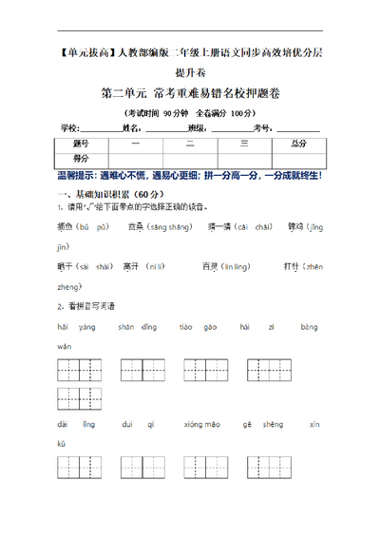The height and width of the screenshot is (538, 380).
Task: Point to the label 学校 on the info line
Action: [71, 127]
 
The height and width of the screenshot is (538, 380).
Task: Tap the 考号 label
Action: [261, 127]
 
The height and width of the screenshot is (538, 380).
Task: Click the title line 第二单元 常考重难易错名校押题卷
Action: [190, 93]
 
